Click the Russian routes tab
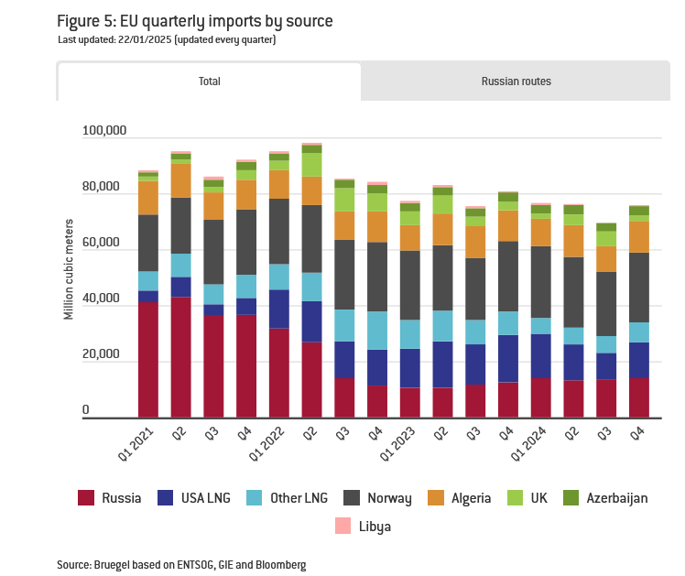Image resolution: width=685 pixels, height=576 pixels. (516, 82)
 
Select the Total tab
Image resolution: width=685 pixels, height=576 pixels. (210, 82)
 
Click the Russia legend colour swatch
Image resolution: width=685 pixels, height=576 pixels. (87, 498)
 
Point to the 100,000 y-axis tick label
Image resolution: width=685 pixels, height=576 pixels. (104, 131)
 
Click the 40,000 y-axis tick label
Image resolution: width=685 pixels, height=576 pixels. (107, 299)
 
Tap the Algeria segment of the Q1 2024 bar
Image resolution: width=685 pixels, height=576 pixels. (541, 232)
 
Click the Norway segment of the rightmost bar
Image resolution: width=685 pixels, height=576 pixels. (639, 288)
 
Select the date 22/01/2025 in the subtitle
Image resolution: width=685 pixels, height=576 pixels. (147, 39)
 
